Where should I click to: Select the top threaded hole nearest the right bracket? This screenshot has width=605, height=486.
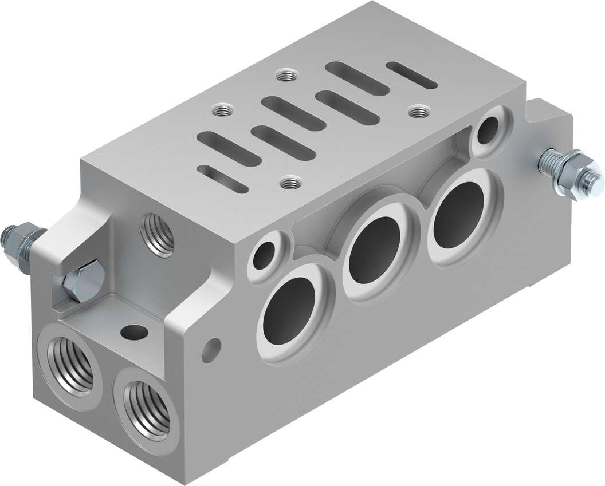(x=419, y=111)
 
